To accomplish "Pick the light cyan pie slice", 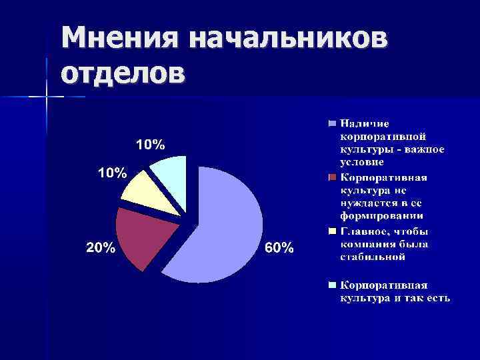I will click(x=171, y=173).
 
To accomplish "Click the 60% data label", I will click(x=279, y=248).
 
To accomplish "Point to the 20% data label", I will click(x=100, y=248).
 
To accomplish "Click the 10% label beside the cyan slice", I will click(x=151, y=144).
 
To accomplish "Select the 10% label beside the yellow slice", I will click(x=113, y=173).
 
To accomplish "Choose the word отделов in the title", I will click(x=123, y=72).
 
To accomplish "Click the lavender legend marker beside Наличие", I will click(x=331, y=123).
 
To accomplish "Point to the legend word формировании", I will click(x=382, y=216).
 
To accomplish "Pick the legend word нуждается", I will click(x=367, y=203).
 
